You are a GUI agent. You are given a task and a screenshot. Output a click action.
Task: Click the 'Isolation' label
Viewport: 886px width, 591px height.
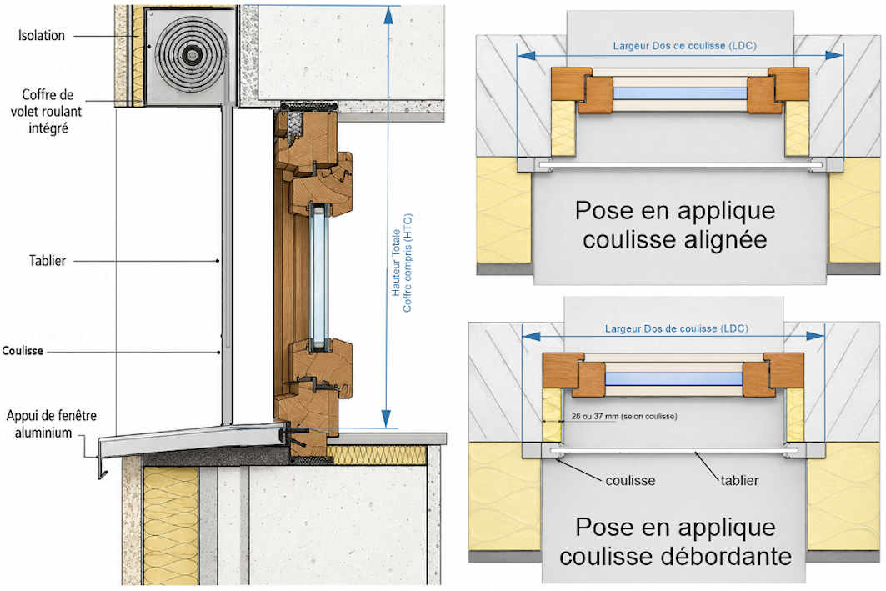[41, 36]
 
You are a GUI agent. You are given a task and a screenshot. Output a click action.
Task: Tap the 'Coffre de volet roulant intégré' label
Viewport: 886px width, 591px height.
[47, 112]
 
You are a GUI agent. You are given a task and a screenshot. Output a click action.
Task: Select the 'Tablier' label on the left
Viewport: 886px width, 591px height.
[48, 260]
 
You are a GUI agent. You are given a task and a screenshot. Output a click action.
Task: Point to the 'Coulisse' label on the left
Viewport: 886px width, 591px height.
[23, 351]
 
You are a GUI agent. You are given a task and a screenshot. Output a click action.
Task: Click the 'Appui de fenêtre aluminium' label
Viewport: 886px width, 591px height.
[52, 424]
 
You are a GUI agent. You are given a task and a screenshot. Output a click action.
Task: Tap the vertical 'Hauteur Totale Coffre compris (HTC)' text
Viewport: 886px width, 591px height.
[402, 263]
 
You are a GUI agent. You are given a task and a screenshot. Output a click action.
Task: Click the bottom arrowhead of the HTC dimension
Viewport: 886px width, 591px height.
[386, 418]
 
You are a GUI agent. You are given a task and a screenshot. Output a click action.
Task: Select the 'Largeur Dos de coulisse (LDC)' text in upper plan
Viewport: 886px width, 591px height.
[684, 46]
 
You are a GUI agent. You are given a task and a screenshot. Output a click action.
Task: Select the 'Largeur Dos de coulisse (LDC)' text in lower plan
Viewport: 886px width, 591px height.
[676, 328]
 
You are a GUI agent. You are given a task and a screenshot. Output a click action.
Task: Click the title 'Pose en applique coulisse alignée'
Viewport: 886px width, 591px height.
[675, 225]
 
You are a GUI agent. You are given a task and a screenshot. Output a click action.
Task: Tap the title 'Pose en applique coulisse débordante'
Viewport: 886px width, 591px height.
[675, 541]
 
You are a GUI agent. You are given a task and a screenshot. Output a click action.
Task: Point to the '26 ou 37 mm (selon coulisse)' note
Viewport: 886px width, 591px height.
[623, 417]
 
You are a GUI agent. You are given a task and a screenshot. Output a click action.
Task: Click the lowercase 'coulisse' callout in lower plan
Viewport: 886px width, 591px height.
[630, 481]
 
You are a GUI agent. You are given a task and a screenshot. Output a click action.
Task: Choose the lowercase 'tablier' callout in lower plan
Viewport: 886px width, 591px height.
[739, 481]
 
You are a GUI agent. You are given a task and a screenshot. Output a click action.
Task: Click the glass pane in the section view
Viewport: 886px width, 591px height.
[320, 276]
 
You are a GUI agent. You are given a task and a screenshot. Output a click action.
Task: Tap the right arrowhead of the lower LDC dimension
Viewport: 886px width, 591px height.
[815, 336]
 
